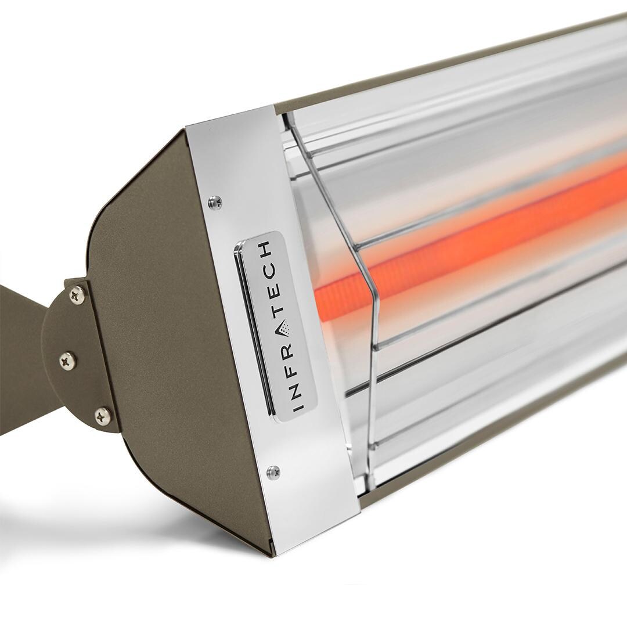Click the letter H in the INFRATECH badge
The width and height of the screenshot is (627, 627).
266,250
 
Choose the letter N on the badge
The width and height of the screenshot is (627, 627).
297,385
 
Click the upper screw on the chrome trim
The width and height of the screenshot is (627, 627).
215,202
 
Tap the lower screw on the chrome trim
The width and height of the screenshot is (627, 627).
273,472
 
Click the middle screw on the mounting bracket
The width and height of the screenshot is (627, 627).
68,361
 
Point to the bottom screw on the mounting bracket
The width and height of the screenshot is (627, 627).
103,416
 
